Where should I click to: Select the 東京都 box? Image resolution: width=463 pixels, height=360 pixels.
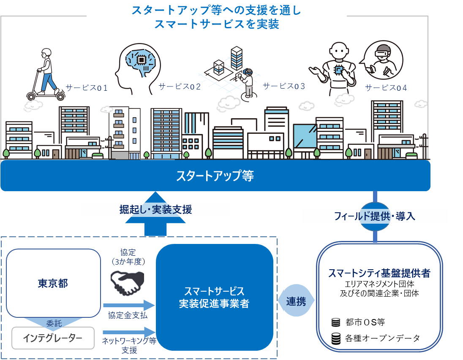[x=53, y=283]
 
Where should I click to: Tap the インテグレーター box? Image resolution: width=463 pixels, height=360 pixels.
[x=53, y=338]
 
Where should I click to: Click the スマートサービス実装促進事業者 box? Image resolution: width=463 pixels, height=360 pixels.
[x=214, y=297]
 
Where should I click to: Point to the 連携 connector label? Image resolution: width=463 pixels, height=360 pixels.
[x=297, y=301]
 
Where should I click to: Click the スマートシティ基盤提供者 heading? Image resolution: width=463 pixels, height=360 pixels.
[x=379, y=273]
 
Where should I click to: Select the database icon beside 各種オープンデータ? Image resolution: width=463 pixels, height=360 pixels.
[x=335, y=338]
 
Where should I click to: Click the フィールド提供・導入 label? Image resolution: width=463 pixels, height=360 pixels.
[x=375, y=217]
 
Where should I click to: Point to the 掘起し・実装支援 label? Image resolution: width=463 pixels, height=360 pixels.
[x=155, y=209]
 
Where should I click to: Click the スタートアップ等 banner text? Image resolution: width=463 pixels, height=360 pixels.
[x=215, y=176]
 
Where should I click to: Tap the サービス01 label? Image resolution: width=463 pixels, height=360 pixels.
[x=87, y=88]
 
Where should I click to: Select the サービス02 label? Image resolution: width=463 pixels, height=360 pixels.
[x=180, y=87]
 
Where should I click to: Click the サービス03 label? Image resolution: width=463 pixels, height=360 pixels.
[x=284, y=86]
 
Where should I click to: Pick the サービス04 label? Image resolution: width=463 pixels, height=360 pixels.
[x=386, y=88]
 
